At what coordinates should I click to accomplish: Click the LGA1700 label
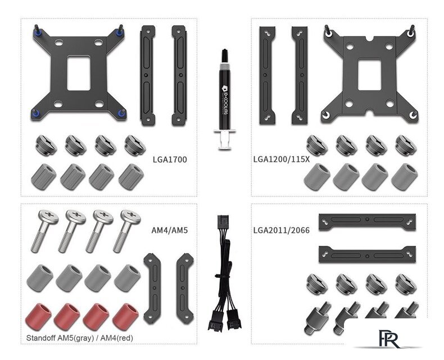[170, 160]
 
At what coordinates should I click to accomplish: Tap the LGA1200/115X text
[282, 159]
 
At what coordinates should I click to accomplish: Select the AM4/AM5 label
[169, 230]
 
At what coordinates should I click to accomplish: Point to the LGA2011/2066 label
[282, 230]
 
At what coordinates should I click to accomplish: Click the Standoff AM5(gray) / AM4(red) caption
[80, 338]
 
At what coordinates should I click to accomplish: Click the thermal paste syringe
[225, 99]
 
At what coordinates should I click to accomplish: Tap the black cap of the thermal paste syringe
[225, 56]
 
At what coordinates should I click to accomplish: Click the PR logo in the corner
[389, 338]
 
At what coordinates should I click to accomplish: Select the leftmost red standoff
[39, 315]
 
